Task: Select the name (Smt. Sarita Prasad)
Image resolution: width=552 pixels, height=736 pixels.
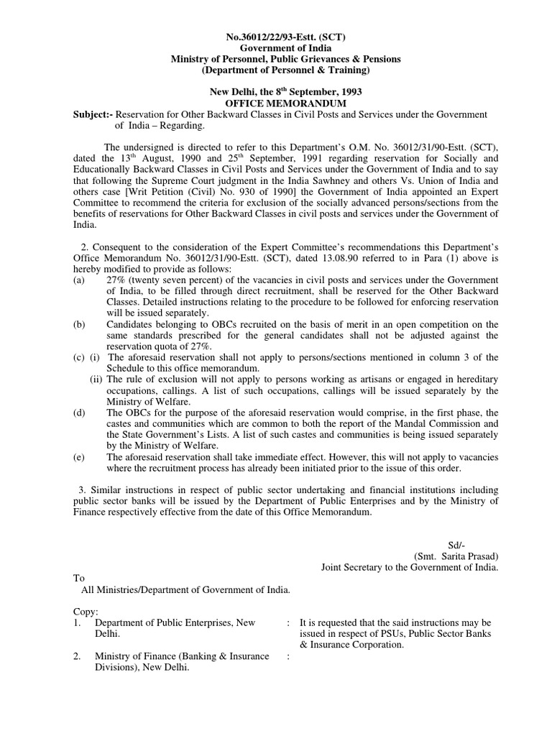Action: click(x=456, y=556)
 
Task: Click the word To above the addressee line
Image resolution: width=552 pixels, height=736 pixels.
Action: click(x=79, y=578)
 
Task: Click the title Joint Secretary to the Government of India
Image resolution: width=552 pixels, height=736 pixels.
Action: click(x=409, y=567)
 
